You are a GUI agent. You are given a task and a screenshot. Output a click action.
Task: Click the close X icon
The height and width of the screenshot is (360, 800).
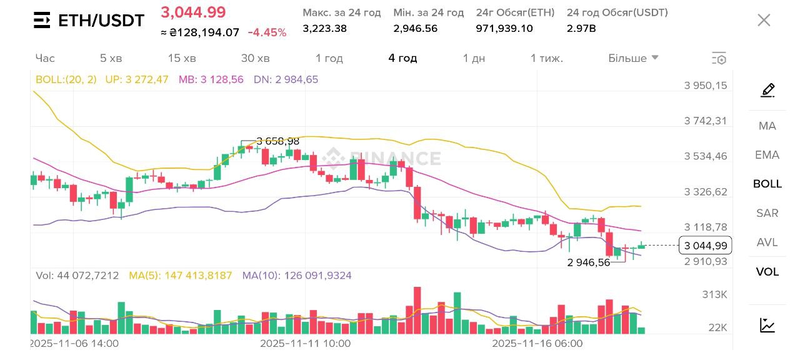(x=764, y=20)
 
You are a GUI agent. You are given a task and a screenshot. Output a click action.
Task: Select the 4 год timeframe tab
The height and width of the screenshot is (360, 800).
(x=402, y=58)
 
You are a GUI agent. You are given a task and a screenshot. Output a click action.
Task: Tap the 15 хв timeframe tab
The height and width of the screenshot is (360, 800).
(x=182, y=58)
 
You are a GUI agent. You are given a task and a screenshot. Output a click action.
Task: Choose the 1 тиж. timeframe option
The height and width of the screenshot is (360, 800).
(x=547, y=58)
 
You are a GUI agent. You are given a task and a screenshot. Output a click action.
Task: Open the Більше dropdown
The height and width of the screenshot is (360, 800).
(x=633, y=58)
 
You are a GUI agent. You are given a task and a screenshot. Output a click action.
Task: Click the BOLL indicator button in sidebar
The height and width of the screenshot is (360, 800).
(x=767, y=184)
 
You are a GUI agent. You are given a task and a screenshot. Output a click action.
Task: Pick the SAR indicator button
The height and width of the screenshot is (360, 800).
(x=767, y=213)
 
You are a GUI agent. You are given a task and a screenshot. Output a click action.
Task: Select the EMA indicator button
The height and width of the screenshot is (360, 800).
(x=767, y=155)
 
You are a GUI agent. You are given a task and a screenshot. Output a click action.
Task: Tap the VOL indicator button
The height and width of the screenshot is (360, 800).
(x=767, y=272)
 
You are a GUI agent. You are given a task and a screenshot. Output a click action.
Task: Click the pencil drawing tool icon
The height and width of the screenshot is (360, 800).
(x=767, y=91)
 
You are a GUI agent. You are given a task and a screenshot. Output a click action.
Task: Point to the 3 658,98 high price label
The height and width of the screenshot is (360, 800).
(x=277, y=141)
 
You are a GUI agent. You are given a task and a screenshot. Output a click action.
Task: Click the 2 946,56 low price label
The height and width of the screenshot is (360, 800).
(x=589, y=262)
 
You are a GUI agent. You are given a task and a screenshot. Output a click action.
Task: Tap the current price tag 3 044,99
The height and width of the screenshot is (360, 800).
(x=705, y=246)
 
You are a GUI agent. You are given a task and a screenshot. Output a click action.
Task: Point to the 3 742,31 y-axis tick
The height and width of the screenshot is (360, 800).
(x=706, y=121)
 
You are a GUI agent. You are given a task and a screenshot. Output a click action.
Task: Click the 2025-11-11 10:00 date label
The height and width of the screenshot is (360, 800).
(x=305, y=344)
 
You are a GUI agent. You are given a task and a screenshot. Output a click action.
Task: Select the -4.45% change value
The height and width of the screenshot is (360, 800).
(x=267, y=32)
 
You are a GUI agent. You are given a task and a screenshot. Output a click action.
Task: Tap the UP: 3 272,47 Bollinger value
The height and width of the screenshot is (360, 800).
(x=136, y=79)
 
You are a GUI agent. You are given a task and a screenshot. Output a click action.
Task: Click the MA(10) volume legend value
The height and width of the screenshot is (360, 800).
(x=297, y=275)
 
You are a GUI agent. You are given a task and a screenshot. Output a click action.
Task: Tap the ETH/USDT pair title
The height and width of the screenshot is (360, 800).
(x=101, y=21)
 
